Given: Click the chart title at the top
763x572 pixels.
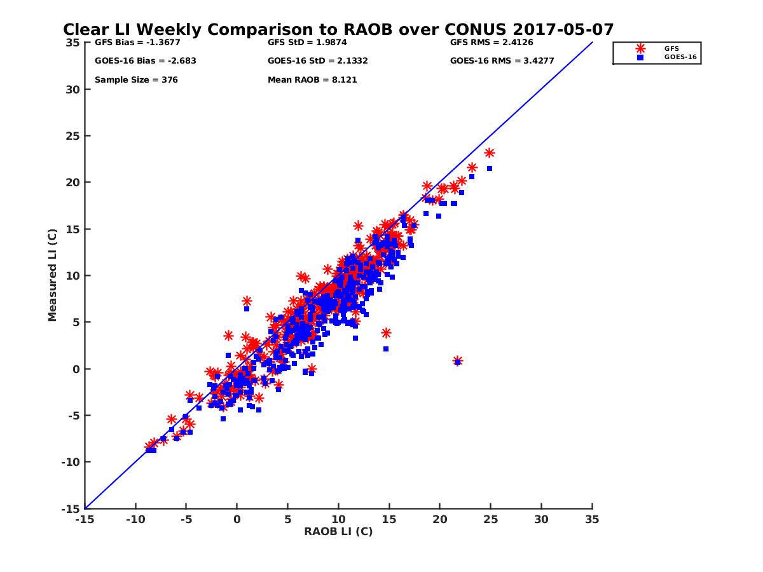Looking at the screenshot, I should coord(338,30).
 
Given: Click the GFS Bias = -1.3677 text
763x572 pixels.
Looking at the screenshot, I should coord(132,43).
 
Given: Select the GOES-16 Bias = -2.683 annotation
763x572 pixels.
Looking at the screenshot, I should coord(137,62).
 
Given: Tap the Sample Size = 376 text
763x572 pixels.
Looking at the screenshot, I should coord(136,80).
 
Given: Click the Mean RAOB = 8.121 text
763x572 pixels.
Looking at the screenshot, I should coord(308,80).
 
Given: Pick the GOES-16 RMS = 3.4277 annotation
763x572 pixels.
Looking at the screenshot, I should coord(493,62).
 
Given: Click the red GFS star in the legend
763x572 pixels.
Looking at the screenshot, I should coord(640,48).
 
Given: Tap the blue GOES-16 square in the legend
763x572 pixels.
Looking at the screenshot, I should coord(640,58).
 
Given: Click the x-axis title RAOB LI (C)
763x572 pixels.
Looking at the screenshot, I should coord(338,531).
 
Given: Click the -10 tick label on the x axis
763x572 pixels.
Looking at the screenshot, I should coord(135,519).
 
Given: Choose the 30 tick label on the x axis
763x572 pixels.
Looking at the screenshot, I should coord(541,519).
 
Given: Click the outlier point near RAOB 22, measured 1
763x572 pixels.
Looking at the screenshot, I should coord(458,361).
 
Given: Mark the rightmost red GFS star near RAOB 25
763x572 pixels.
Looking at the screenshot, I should coord(489,153).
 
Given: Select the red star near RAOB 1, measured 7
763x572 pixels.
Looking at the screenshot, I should coord(247,301).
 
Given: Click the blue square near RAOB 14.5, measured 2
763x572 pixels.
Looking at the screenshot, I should coord(386,349).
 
